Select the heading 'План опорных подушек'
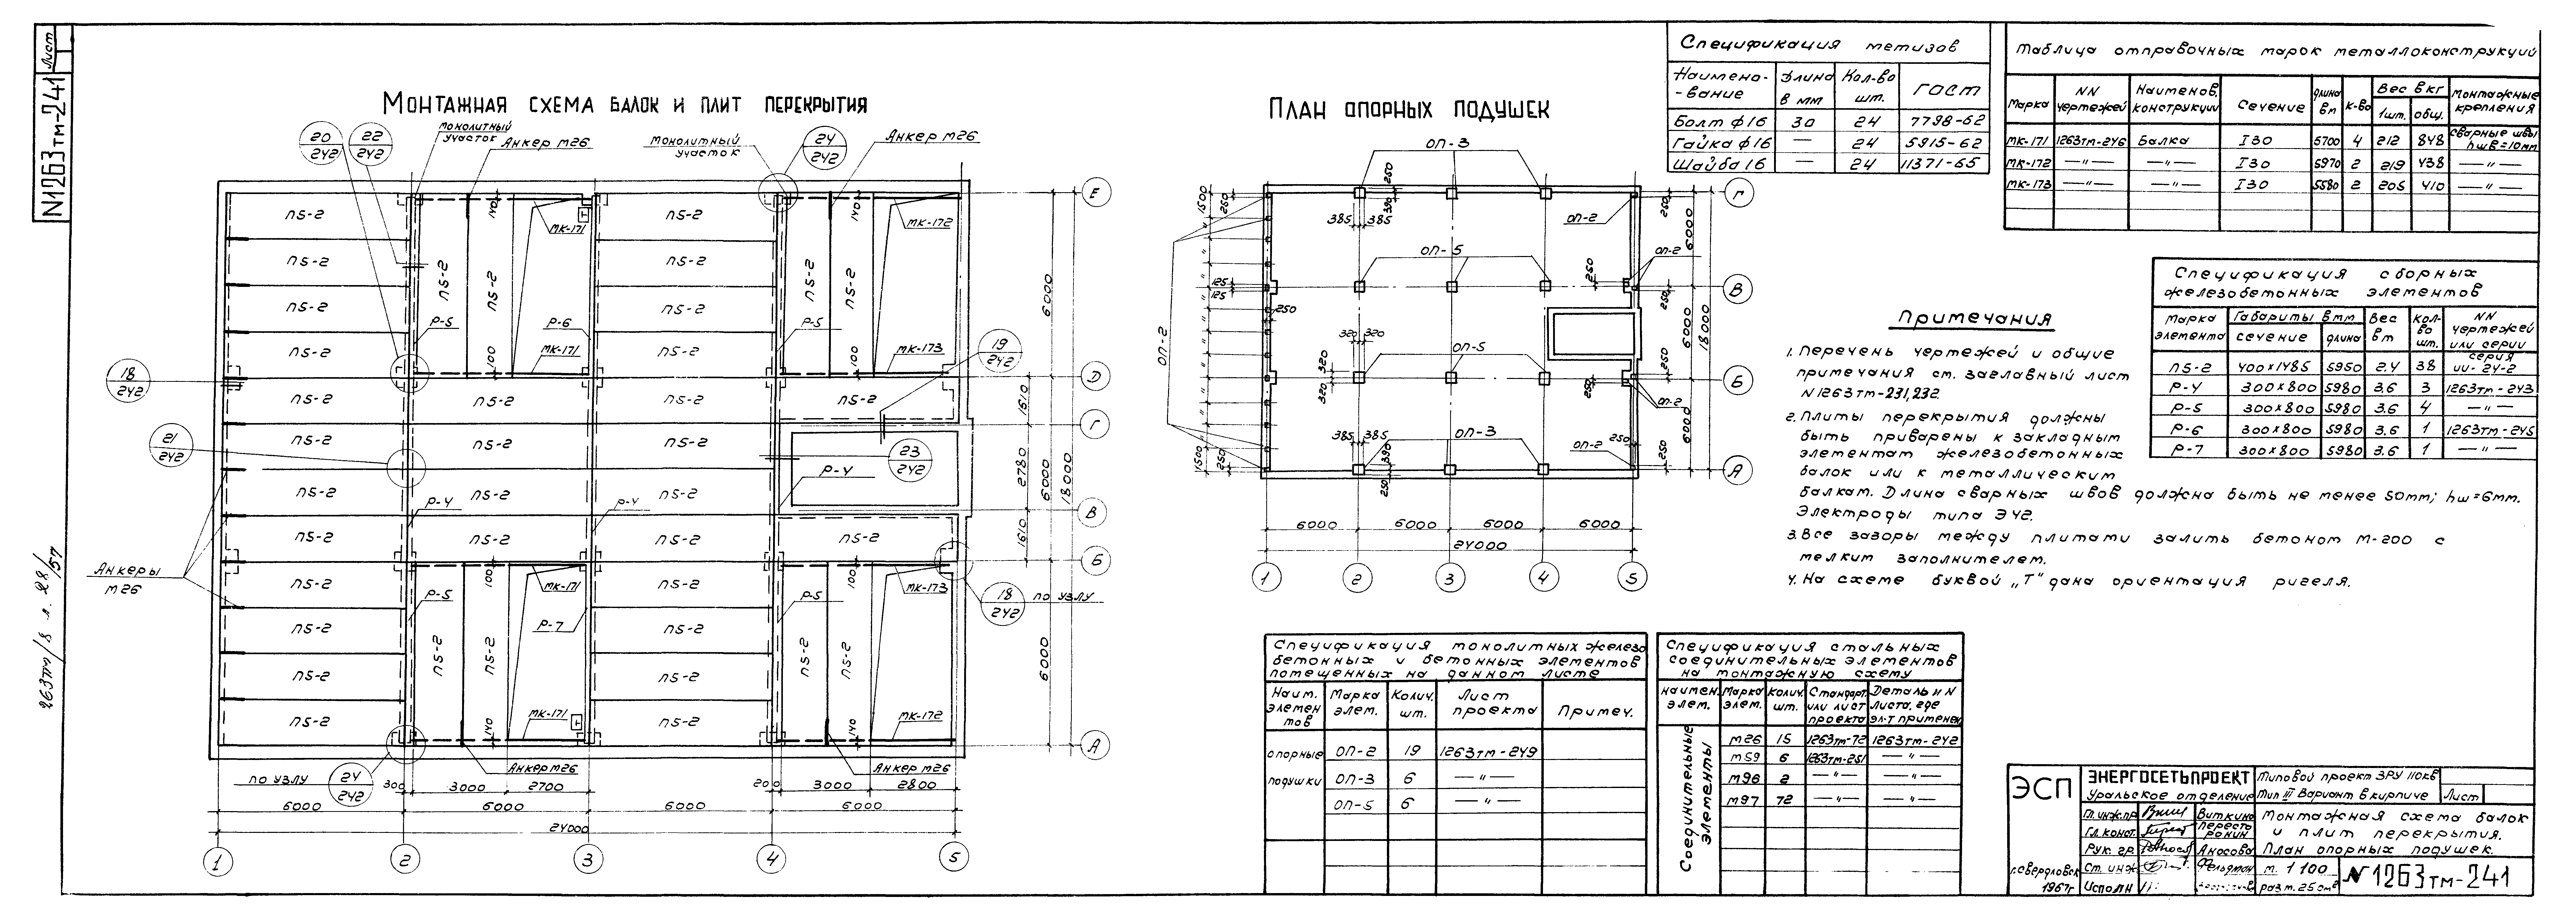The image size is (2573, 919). (x=1408, y=110)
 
